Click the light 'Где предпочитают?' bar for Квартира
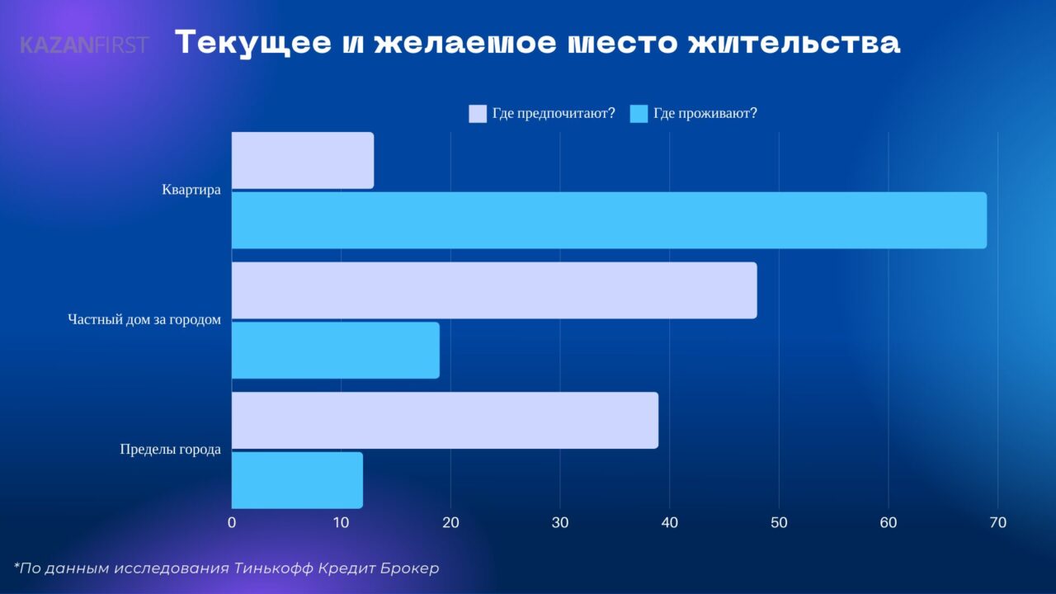click(x=302, y=160)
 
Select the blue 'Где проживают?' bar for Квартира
click(x=609, y=220)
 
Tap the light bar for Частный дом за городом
click(x=493, y=290)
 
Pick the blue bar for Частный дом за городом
click(x=335, y=351)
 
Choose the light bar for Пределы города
click(x=445, y=420)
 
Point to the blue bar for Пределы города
click(x=297, y=480)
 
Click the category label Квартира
click(x=191, y=190)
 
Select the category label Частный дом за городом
click(x=144, y=320)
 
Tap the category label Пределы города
click(x=170, y=450)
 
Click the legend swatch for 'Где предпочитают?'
click(x=478, y=114)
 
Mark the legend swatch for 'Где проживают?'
click(x=639, y=114)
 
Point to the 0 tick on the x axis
click(x=232, y=522)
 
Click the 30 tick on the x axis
click(x=560, y=522)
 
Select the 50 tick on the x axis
click(x=779, y=522)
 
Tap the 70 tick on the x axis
click(x=997, y=522)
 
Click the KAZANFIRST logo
click(x=83, y=45)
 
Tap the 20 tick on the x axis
click(x=450, y=522)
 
